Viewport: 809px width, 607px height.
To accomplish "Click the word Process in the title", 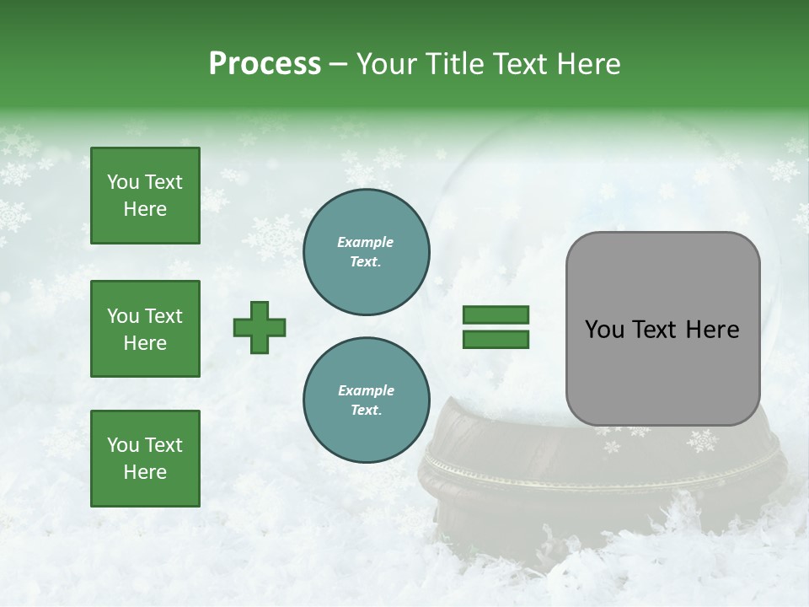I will click(x=265, y=64).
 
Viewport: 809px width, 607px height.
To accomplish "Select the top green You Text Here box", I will click(x=145, y=196).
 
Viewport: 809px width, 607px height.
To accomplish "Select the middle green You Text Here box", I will click(x=145, y=329).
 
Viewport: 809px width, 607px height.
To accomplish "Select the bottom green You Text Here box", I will click(x=145, y=458).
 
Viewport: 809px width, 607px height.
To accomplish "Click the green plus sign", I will click(x=260, y=326).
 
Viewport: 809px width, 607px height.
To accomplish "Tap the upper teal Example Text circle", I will click(x=366, y=251).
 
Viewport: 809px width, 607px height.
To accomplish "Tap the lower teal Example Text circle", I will click(x=366, y=400).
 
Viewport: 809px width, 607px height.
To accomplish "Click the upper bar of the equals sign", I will click(x=496, y=314).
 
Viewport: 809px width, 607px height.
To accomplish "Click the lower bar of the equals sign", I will click(x=496, y=339).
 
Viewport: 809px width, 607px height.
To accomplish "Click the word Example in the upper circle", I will click(x=366, y=242).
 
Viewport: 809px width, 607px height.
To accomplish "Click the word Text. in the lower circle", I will click(x=366, y=410).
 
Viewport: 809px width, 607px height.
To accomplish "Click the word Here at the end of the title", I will click(x=590, y=64).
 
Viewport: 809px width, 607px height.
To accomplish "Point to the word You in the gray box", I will click(x=604, y=330).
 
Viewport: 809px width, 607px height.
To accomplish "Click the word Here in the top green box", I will click(x=145, y=209).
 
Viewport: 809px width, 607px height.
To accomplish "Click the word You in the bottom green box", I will click(x=123, y=444).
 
